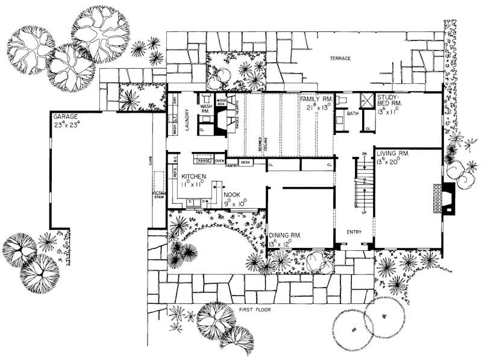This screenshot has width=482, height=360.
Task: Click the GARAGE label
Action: coord(64,116)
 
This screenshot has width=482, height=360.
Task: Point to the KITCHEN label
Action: coord(193,176)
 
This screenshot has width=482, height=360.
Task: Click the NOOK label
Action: coord(232,195)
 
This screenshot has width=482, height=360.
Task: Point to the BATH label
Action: coord(352,113)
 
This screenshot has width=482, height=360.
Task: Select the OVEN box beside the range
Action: coord(220,161)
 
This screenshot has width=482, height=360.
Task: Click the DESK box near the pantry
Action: coord(245,162)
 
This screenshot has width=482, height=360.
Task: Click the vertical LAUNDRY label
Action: coord(187,115)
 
